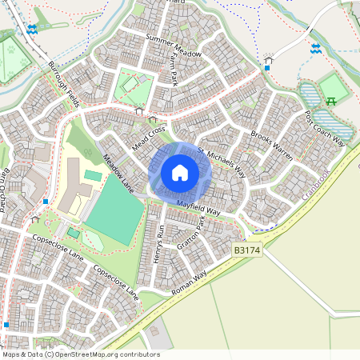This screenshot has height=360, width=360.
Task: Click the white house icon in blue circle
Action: [x=180, y=171]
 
